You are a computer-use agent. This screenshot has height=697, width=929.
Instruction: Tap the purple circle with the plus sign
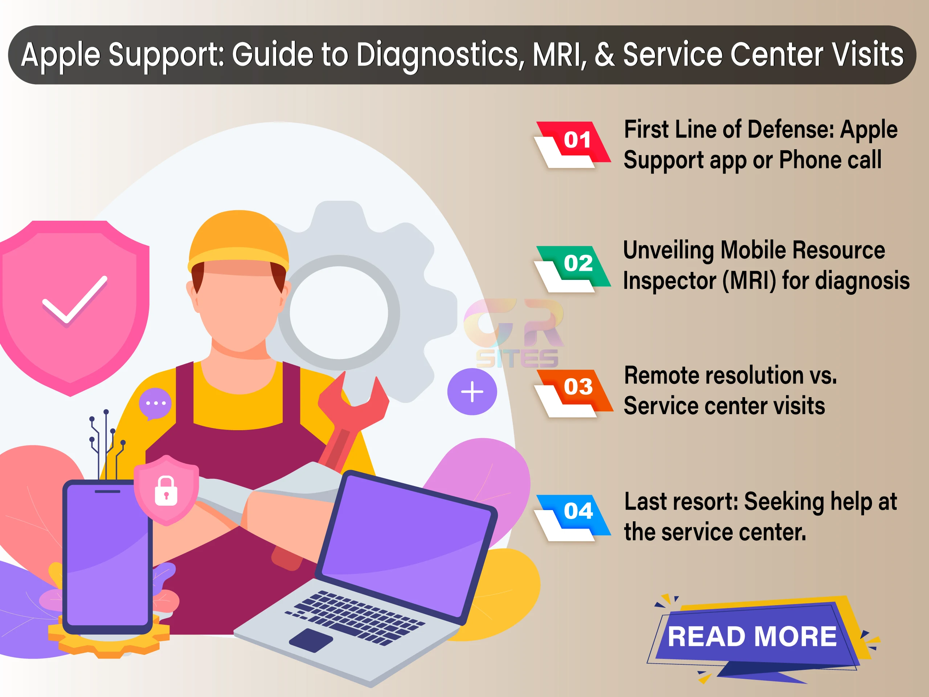click(472, 392)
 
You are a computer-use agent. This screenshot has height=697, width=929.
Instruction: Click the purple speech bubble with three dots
click(155, 403)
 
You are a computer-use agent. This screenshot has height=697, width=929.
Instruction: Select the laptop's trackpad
click(311, 640)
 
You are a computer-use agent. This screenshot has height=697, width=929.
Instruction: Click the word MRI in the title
click(559, 54)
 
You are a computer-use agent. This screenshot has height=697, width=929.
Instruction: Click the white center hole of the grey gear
click(339, 313)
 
